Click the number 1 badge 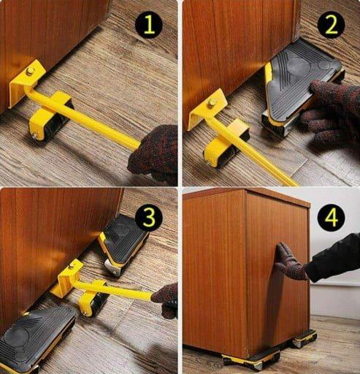149,25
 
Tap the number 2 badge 332,24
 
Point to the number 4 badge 332,217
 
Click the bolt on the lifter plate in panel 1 30,71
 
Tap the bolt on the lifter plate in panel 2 211,104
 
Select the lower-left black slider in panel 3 37,340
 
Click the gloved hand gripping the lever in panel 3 166,301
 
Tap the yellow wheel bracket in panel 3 93,297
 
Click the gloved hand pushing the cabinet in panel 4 290,262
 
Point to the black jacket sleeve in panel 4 334,258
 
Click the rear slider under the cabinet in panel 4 305,337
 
